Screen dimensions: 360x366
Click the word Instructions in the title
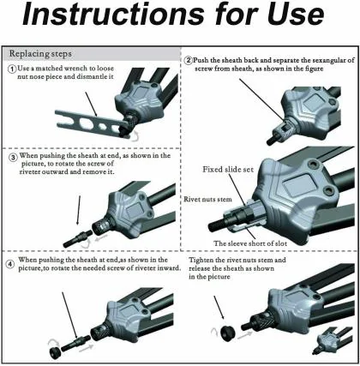[x=113, y=15]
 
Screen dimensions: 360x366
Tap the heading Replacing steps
[x=40, y=54]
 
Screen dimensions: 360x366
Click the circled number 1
[x=12, y=69]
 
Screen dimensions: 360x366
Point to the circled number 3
[x=13, y=158]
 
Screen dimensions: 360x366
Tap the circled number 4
[x=10, y=264]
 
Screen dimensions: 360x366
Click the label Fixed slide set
[x=228, y=170]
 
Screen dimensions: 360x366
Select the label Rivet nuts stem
[x=207, y=199]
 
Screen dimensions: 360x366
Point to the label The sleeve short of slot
[x=250, y=243]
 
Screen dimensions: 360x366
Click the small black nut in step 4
[x=54, y=352]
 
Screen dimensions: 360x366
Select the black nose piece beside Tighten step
[x=228, y=333]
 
